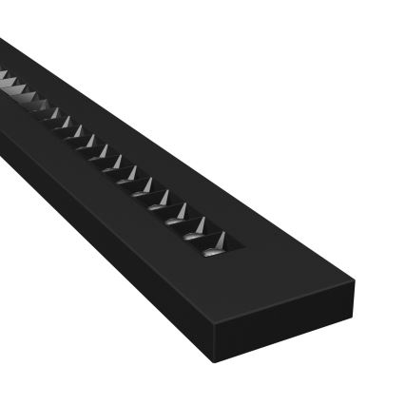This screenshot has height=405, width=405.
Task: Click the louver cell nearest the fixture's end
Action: tap(214, 246)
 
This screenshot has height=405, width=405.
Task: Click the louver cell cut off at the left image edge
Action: tap(4, 78)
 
